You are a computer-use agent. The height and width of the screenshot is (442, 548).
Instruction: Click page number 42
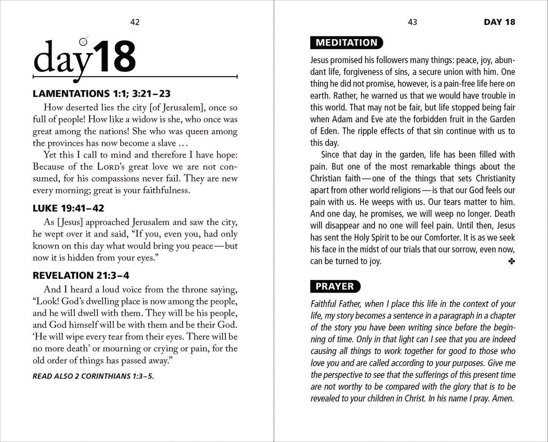[135, 22]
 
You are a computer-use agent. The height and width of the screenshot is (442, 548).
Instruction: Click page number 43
[412, 22]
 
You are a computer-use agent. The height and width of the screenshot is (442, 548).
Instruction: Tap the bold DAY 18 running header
[499, 22]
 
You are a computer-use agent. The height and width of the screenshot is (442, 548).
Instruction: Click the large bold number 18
[115, 57]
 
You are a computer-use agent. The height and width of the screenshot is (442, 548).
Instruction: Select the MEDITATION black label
[346, 42]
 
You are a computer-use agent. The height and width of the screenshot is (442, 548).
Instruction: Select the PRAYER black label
[335, 286]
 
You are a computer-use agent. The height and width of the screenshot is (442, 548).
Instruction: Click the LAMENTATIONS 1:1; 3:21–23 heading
[101, 93]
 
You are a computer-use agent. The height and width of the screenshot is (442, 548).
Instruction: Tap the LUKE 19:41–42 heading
[68, 208]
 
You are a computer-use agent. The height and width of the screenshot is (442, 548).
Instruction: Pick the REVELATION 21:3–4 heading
[81, 275]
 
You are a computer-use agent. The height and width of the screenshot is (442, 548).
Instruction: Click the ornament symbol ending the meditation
[511, 261]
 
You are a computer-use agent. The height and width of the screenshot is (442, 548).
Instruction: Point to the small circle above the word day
[83, 41]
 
